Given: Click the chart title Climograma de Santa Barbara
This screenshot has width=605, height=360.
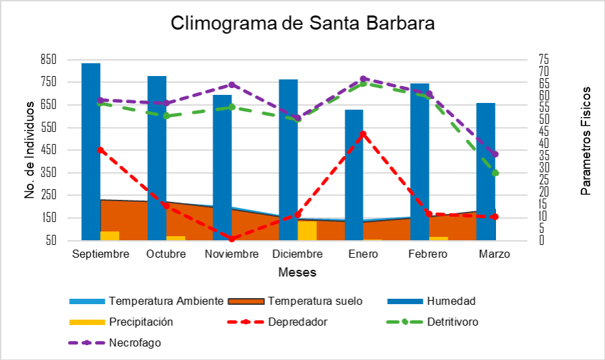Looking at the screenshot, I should [302, 23].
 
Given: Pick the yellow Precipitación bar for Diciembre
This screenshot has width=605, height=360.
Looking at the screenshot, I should [307, 230].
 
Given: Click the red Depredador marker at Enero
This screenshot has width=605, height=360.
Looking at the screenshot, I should [363, 134].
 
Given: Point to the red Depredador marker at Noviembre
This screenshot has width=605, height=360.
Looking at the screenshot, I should [232, 238].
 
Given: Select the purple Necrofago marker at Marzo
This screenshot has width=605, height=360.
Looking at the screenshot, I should [495, 154].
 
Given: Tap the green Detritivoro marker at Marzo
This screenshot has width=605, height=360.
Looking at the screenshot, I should [495, 173].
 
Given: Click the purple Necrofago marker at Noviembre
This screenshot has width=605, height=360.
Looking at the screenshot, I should [232, 85].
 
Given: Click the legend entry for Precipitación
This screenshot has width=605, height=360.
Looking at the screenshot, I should [141, 322].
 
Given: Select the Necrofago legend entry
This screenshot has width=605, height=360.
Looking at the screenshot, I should [135, 343].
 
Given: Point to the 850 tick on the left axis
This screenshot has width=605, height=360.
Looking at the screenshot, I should [48, 59].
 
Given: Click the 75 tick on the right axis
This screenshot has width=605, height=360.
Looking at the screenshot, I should [544, 59].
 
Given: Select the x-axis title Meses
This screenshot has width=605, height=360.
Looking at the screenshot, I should [297, 273].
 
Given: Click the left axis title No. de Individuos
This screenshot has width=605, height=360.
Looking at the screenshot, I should [30, 150].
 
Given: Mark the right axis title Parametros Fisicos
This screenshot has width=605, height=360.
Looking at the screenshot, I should [585, 141].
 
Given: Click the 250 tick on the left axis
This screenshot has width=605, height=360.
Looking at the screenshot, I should [48, 195].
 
